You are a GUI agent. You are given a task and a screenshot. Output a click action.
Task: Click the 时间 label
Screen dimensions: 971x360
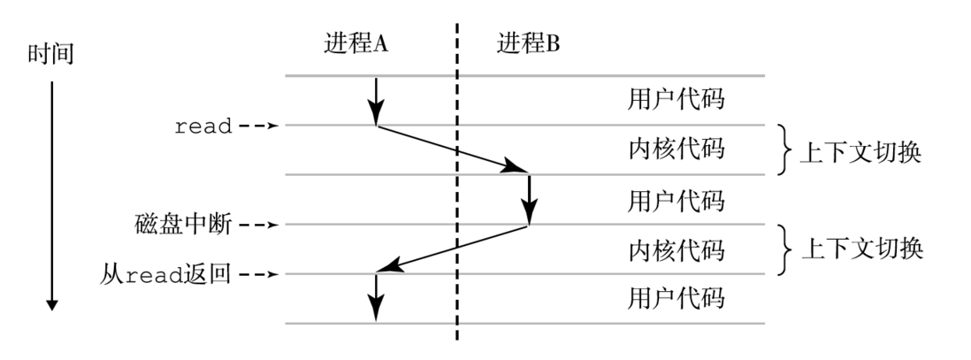[50, 55]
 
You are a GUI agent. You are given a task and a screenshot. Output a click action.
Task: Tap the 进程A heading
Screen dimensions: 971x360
[356, 44]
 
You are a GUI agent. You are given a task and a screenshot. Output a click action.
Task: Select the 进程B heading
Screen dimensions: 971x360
[528, 44]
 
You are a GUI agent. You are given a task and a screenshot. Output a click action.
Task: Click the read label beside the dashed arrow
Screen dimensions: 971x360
[203, 126]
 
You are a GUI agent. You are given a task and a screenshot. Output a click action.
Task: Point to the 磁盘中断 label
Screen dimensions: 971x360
[183, 225]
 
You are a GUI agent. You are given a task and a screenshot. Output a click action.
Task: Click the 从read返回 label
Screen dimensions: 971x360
[165, 274]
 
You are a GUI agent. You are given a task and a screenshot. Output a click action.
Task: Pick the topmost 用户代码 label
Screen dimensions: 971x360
[676, 99]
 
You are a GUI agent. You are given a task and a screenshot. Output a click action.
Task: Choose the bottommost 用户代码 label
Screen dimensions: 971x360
[676, 298]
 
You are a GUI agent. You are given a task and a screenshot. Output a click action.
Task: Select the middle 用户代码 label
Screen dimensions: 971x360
[676, 201]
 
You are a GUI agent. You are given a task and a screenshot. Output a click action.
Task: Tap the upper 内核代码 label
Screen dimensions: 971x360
[676, 149]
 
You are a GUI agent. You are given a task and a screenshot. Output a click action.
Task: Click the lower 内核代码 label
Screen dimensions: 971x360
[676, 250]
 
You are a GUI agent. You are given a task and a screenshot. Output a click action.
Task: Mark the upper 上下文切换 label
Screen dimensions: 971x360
[860, 152]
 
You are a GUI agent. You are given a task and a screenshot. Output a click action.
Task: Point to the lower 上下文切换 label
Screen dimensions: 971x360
[862, 249]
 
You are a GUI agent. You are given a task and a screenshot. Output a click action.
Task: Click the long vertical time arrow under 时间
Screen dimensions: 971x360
[52, 195]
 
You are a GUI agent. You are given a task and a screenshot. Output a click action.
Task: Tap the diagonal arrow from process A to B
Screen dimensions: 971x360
[452, 149]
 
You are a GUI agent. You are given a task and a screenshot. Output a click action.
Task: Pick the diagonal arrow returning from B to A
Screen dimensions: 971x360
[452, 249]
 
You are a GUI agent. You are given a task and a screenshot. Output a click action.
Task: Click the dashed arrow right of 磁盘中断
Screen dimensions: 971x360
[259, 225]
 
